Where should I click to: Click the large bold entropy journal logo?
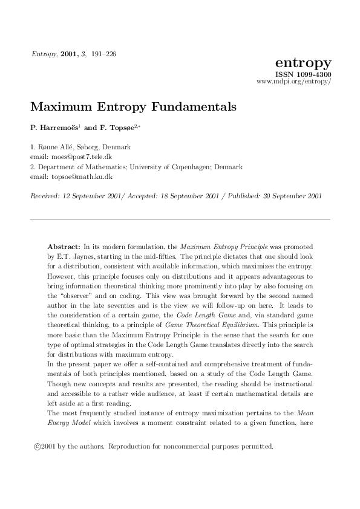303,63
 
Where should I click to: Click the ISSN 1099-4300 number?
303,74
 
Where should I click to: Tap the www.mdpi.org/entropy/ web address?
294,81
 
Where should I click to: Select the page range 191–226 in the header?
104,54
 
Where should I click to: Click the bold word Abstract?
64,247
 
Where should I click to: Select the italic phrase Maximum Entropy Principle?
216,247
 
